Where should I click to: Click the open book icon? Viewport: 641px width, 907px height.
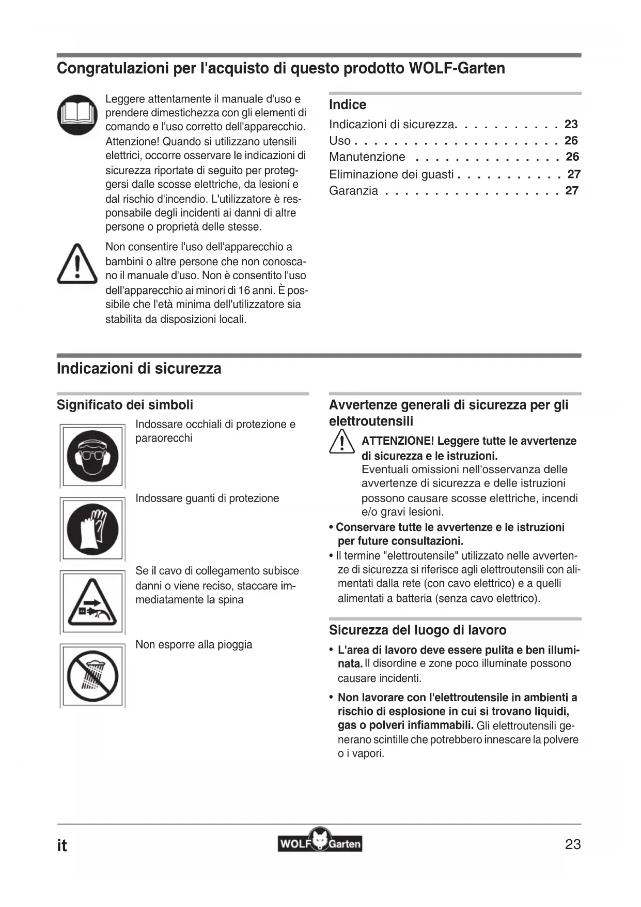77,114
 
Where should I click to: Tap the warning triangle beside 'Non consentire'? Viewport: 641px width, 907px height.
77,265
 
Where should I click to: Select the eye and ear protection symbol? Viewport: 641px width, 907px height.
92,456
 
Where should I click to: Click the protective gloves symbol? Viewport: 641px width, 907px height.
92,529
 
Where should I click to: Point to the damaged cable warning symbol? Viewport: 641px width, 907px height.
92,602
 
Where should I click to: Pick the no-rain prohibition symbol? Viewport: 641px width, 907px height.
92,675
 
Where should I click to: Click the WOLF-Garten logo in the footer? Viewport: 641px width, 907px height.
320,843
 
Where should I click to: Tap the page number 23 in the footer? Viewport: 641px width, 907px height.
573,844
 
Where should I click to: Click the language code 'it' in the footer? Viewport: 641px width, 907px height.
62,845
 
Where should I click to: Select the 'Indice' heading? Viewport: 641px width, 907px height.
348,104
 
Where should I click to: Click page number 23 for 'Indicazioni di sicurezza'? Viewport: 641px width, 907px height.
571,124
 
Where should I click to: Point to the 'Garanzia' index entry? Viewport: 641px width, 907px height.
353,191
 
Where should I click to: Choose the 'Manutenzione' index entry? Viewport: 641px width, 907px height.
367,157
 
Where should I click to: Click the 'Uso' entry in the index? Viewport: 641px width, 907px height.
340,141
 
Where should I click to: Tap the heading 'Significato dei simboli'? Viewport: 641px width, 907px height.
125,404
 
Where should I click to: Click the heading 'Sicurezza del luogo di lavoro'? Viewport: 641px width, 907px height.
417,630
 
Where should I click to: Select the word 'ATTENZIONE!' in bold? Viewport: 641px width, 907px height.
398,441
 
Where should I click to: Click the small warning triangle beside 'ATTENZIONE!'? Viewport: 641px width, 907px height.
341,444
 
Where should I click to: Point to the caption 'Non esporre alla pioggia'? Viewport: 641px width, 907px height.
194,644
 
